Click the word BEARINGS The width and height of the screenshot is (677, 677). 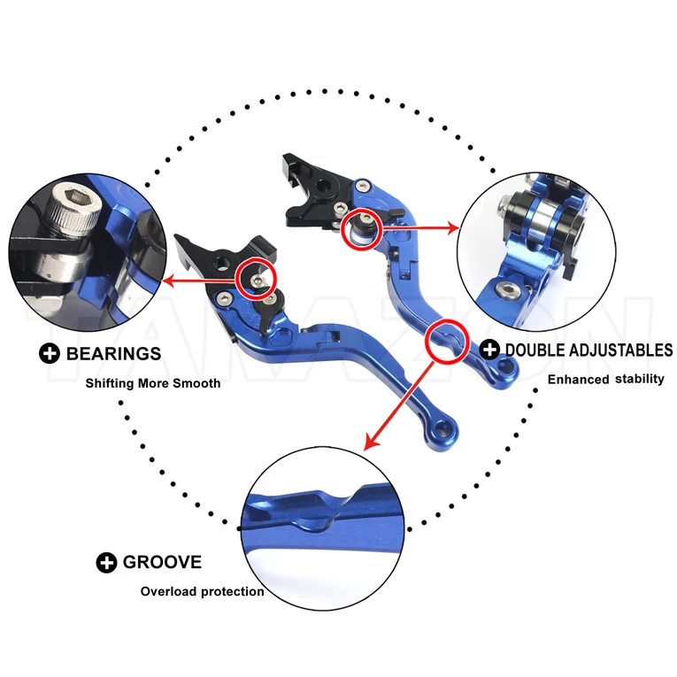tap(113, 354)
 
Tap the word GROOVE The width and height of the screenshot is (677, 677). tap(162, 562)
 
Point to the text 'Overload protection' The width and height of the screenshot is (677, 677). tap(202, 591)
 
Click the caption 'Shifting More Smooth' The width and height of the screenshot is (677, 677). tap(153, 383)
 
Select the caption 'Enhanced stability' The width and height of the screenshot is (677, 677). tap(605, 379)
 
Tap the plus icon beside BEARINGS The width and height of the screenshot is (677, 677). tap(50, 353)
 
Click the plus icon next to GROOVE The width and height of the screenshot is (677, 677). tap(106, 563)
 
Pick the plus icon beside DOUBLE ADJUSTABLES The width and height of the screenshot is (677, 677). tap(489, 350)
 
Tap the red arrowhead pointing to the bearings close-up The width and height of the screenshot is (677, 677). tap(167, 282)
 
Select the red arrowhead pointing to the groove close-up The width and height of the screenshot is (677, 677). tap(371, 442)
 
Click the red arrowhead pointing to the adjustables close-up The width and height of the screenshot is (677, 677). tap(453, 227)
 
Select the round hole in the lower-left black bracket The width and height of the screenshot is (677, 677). tap(223, 262)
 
